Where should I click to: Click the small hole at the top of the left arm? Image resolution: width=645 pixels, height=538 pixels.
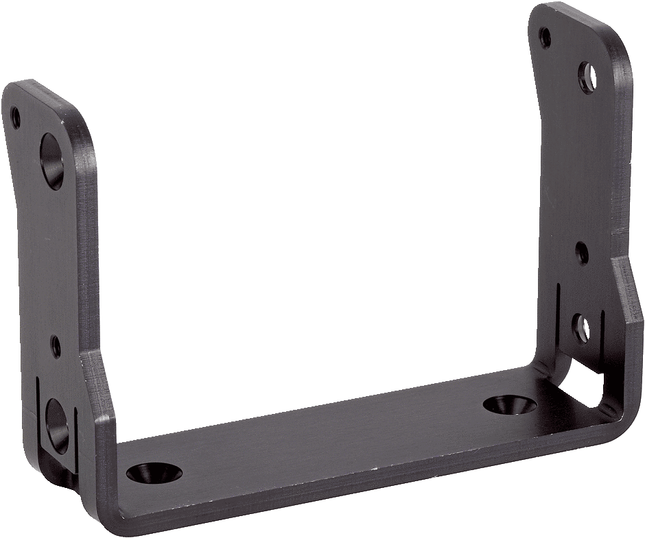(x=16, y=118)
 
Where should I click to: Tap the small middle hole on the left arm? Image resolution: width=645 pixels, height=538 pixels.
(x=56, y=347)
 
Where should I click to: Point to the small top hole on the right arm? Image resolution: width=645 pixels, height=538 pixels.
(x=545, y=36)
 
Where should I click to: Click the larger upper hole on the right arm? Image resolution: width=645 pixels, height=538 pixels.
(x=587, y=77)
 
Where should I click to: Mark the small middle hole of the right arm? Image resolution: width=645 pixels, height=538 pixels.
(x=582, y=253)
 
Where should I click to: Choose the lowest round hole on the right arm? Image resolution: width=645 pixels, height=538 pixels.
(x=580, y=328)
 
